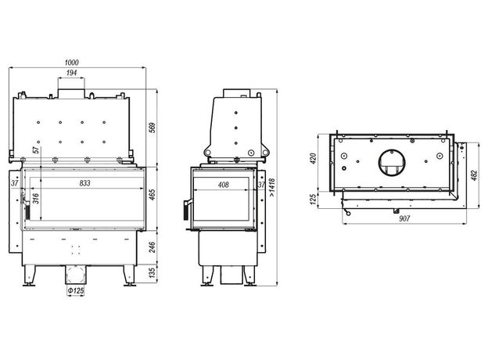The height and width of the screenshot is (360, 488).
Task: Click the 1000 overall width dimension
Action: tap(71, 63)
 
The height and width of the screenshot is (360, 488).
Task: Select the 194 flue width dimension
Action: tap(71, 73)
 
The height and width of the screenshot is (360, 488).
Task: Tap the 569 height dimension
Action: tap(152, 128)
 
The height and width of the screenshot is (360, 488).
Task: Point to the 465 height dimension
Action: tap(152, 195)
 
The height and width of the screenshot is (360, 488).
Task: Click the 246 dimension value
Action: tap(152, 247)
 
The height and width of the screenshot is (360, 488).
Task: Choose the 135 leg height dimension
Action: tap(152, 273)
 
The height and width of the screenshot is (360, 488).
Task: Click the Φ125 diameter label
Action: tap(76, 290)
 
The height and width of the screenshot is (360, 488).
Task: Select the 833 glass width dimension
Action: tap(84, 183)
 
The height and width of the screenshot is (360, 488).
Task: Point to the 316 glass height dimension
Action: tap(36, 198)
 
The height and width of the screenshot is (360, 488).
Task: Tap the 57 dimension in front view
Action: tap(37, 149)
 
